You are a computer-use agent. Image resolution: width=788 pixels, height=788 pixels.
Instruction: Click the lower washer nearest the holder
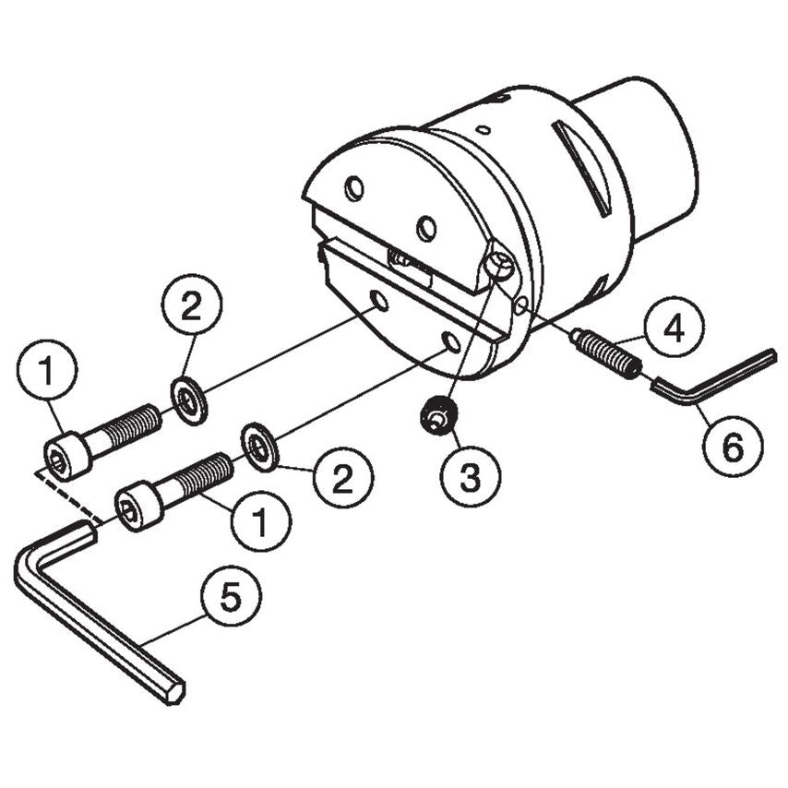point(262,445)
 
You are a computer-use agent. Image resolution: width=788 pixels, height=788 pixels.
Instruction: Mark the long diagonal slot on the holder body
point(581,167)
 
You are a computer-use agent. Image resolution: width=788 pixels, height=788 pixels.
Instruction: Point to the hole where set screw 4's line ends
point(522,304)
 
